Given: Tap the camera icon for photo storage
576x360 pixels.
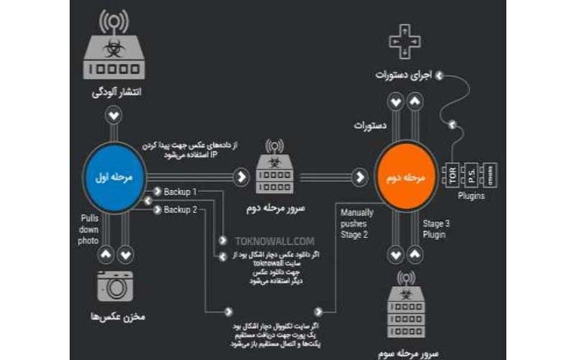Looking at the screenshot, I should [116, 285].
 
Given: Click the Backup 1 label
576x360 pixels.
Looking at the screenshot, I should [180, 192].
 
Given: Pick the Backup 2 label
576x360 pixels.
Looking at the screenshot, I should [180, 210].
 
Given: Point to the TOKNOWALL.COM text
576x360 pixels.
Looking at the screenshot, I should [264, 241].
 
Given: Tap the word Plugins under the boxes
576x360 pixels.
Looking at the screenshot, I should [471, 196].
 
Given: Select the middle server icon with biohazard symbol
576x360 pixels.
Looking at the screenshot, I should [275, 168].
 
